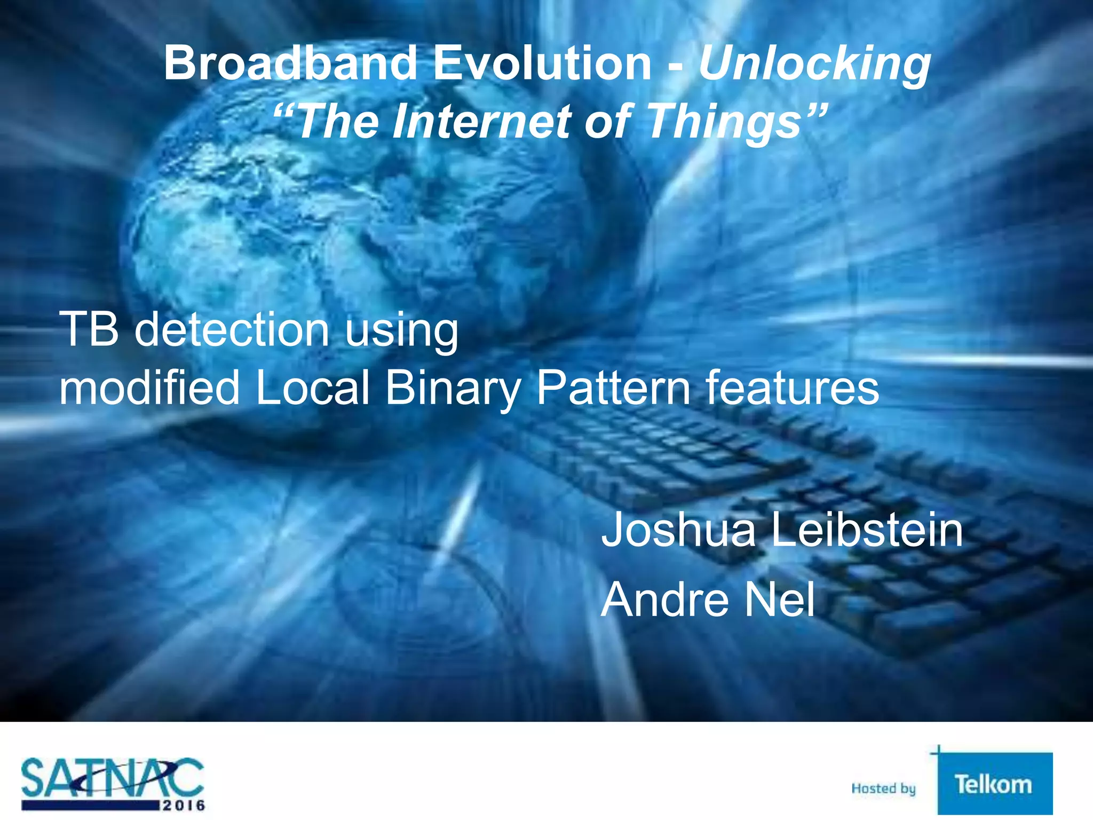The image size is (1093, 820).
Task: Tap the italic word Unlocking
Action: click(x=814, y=64)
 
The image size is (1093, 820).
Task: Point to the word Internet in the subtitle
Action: click(x=482, y=122)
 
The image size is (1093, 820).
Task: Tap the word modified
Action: click(x=149, y=388)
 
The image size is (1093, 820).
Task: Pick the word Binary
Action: click(x=453, y=389)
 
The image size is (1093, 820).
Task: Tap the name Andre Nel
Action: click(x=708, y=599)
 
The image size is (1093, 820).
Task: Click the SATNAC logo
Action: click(x=113, y=783)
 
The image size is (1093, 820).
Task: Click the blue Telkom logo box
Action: click(x=994, y=784)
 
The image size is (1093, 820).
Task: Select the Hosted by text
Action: click(x=883, y=788)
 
